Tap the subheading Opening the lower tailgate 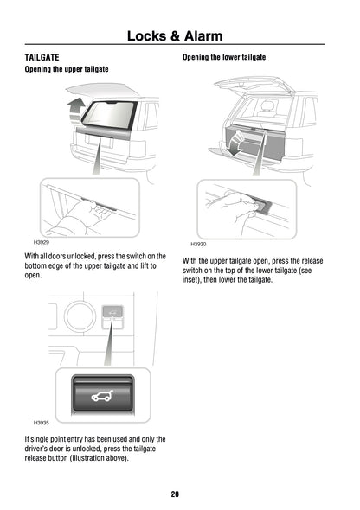(x=223, y=57)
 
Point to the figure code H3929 (x=41, y=244)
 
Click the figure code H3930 (x=198, y=245)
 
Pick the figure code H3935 (x=41, y=423)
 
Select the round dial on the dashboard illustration (x=80, y=317)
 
